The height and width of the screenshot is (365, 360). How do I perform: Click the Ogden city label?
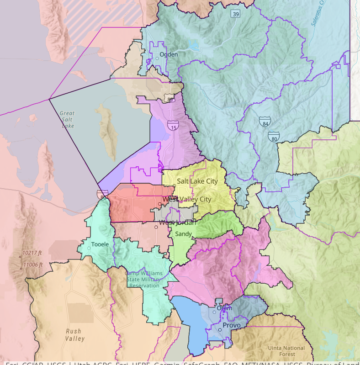(168, 54)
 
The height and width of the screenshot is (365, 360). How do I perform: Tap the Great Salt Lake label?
(67, 119)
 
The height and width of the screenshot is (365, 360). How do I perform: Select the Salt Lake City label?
(197, 181)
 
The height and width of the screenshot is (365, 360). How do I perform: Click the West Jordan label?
(177, 223)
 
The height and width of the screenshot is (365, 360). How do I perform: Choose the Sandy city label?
(184, 234)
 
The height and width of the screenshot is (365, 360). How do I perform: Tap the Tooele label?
(100, 244)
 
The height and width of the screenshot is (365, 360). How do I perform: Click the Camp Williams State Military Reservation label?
(143, 280)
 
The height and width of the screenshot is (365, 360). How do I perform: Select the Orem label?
(224, 308)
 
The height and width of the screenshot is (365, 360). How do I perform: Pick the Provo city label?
(232, 325)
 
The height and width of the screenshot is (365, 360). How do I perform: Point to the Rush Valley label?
(74, 335)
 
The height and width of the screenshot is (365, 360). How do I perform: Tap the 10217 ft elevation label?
(32, 253)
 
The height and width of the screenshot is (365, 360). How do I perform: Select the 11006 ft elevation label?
(32, 265)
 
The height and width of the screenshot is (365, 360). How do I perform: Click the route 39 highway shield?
(235, 15)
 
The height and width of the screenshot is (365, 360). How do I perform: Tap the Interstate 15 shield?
(173, 126)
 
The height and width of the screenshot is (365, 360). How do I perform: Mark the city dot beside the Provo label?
(220, 330)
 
